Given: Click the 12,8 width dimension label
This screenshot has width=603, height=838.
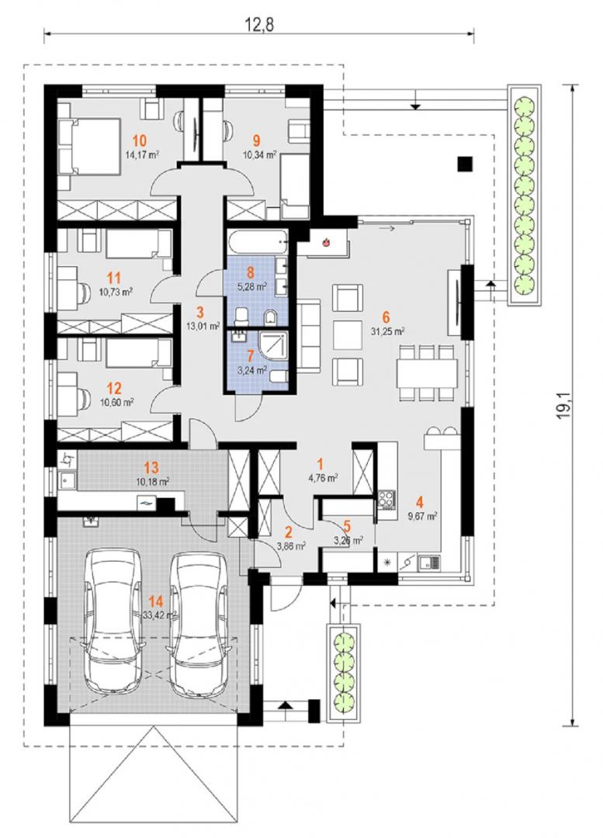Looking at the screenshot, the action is click(258, 24).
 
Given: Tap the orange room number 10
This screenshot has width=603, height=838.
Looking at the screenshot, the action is click(139, 141).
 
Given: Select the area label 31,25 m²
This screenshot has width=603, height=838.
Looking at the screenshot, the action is click(387, 331).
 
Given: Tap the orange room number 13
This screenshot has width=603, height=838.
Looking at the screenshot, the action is click(152, 468).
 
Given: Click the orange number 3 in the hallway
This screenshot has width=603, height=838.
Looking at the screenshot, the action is click(200, 311).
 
